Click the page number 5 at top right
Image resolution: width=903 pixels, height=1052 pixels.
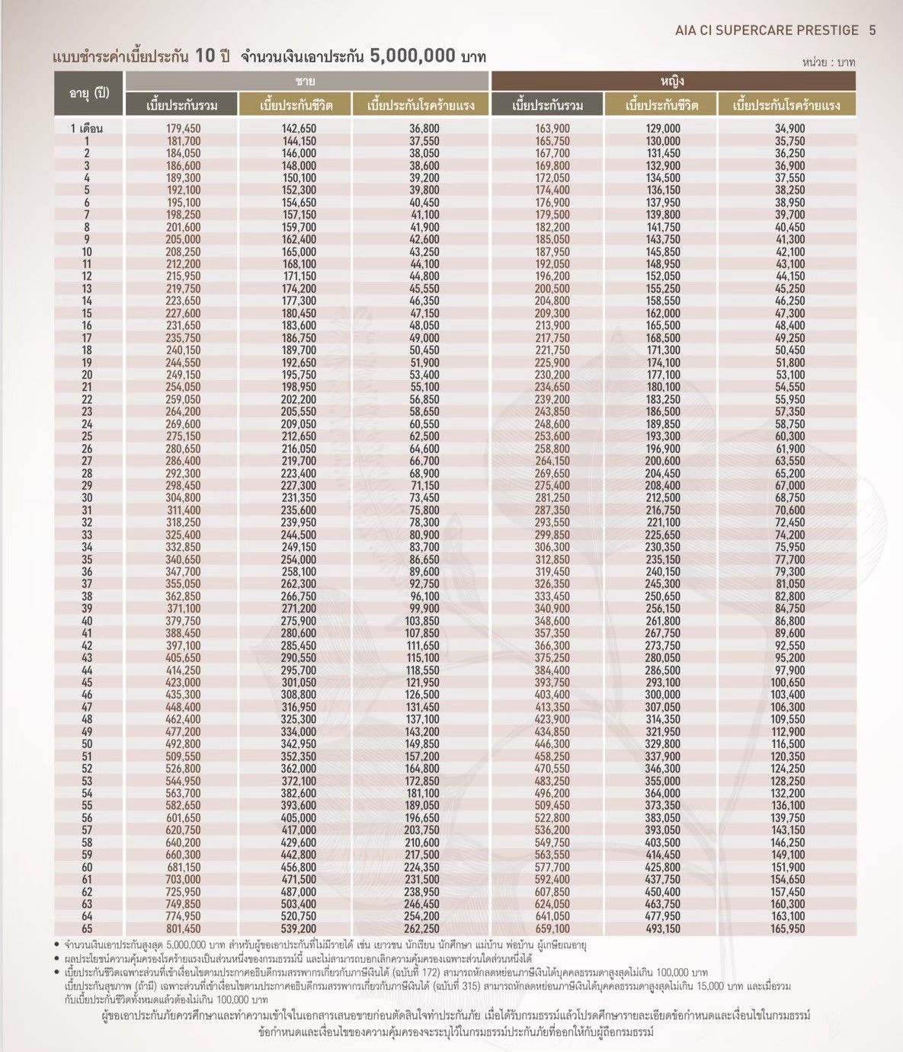point(873,30)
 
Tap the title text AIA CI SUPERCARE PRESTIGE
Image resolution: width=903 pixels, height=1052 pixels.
point(767,30)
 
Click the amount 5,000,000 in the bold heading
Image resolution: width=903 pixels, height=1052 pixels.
point(412,56)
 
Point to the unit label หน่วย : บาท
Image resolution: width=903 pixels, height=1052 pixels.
point(828,62)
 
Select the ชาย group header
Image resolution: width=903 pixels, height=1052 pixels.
point(306,81)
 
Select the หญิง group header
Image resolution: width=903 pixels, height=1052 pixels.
point(672,81)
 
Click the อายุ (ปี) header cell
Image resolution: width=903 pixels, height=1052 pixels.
point(89,93)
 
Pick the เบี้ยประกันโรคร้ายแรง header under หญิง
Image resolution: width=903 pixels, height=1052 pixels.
point(786,105)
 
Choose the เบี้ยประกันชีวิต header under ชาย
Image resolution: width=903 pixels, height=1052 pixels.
point(296,105)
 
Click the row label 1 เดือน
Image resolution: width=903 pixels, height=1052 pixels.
point(86,129)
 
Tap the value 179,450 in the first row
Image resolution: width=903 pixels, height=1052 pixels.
point(183,129)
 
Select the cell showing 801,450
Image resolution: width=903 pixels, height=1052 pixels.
point(183,929)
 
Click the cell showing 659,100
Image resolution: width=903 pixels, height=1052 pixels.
point(552,929)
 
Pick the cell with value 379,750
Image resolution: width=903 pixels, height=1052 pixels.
point(183,621)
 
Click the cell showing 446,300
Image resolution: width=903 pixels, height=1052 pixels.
point(552,744)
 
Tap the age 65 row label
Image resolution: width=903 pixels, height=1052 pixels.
point(86,929)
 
